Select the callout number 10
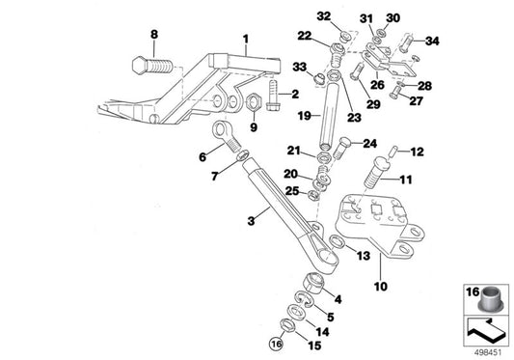pos(382,287)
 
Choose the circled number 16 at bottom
pos(278,344)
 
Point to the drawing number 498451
pos(487,352)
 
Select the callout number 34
pos(431,41)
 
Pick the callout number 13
pos(363,256)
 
